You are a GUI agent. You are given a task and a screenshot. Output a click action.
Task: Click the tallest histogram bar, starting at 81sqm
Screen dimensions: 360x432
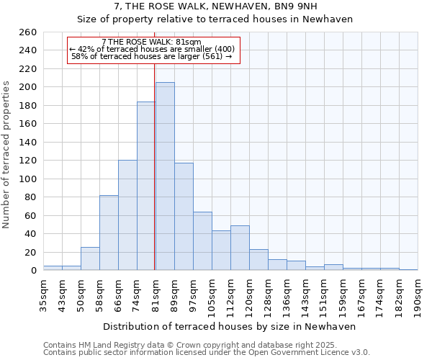coord(165,176)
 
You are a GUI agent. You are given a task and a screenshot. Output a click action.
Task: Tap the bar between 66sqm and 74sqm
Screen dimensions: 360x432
coord(127,215)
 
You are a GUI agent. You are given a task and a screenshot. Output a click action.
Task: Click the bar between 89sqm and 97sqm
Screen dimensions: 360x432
coord(184,217)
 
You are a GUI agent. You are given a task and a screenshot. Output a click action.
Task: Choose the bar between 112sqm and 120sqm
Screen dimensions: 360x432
coord(240,248)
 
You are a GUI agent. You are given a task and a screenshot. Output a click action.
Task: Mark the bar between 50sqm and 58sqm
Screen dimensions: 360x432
coord(90,258)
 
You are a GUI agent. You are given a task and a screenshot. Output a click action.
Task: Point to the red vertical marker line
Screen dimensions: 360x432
coord(155,166)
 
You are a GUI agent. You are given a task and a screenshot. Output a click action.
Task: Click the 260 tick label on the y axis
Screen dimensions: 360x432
coord(28,32)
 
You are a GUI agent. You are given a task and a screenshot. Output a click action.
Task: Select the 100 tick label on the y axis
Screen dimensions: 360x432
coord(28,179)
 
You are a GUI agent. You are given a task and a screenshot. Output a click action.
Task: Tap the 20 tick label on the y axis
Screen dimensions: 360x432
coord(31,252)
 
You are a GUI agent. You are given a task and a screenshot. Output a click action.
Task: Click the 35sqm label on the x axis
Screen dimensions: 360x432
coord(43,294)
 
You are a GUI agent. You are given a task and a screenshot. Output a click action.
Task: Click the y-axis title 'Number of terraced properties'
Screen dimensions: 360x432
coord(7,155)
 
